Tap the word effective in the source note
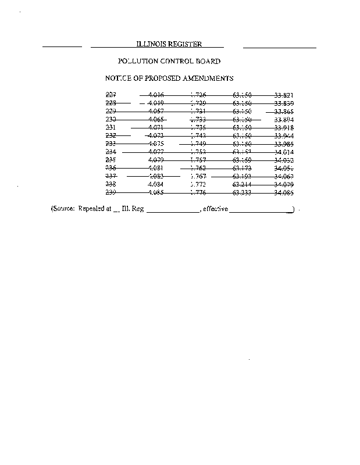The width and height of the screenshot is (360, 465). point(216,208)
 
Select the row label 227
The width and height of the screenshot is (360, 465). point(111,95)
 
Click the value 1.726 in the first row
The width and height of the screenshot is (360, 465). point(198,95)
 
